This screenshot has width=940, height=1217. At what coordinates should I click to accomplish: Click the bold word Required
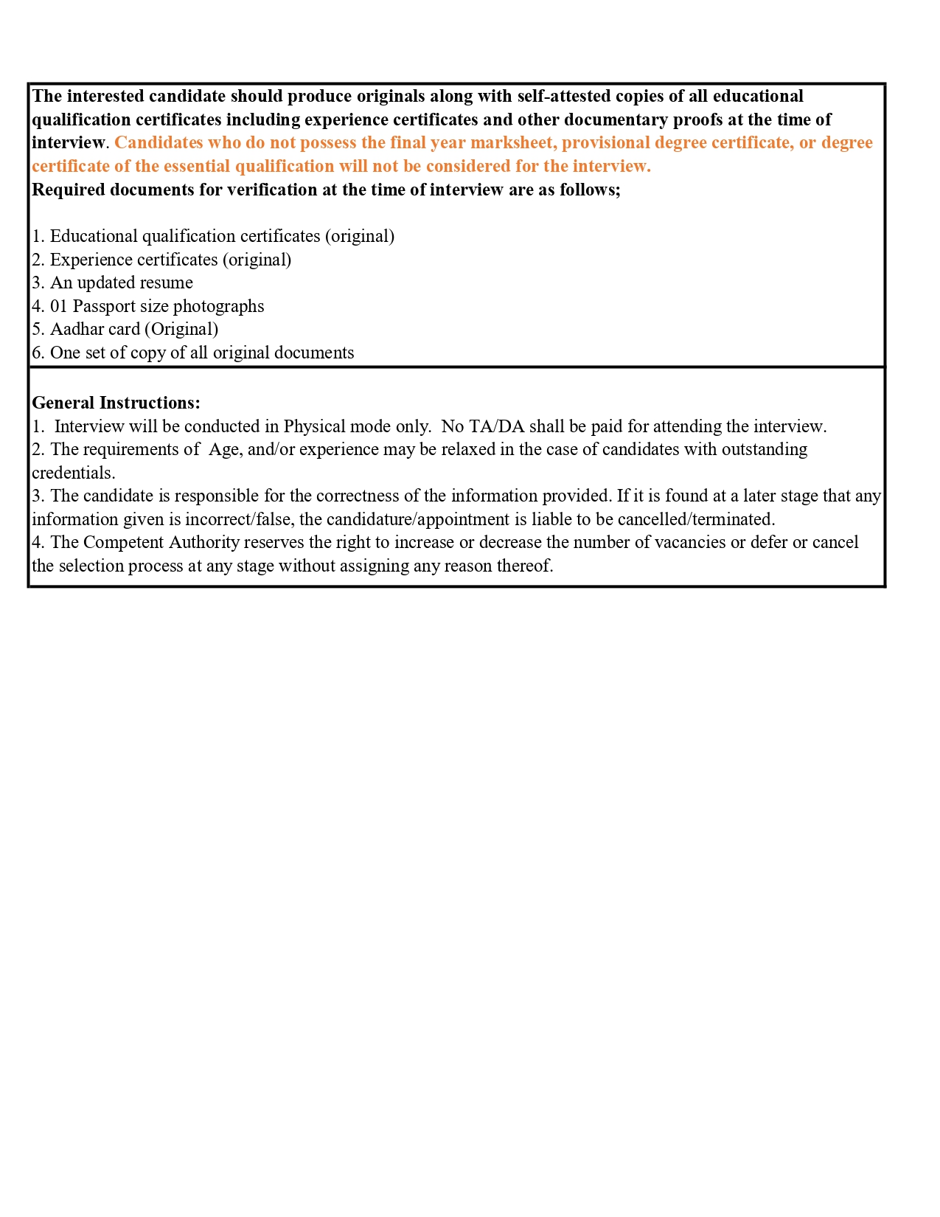68,190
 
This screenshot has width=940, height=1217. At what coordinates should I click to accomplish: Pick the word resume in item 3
169,283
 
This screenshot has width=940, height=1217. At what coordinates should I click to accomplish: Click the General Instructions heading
116,403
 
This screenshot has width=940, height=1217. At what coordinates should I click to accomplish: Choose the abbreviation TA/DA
496,427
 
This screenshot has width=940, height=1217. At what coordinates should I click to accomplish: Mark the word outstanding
765,450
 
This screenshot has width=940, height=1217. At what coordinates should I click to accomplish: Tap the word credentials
73,474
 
